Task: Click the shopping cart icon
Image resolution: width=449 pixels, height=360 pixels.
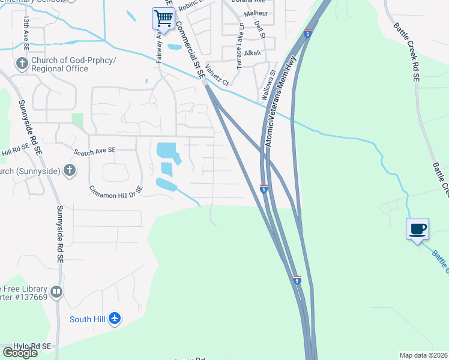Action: (163, 18)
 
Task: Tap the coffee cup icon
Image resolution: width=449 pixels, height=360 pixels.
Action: (417, 229)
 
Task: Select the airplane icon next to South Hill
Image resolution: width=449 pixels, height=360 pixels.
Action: (115, 319)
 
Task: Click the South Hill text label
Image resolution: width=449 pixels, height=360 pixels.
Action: (88, 319)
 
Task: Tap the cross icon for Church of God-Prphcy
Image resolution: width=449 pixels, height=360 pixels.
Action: (22, 63)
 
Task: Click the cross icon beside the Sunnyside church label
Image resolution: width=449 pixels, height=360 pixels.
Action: (69, 171)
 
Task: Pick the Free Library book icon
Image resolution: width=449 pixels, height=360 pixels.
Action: (56, 292)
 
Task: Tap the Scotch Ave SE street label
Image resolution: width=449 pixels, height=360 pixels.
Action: (94, 151)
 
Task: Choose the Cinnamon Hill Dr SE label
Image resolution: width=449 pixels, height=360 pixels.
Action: (116, 190)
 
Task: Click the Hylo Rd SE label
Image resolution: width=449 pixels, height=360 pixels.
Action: (25, 347)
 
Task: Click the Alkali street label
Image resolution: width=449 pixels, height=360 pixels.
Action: (252, 53)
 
